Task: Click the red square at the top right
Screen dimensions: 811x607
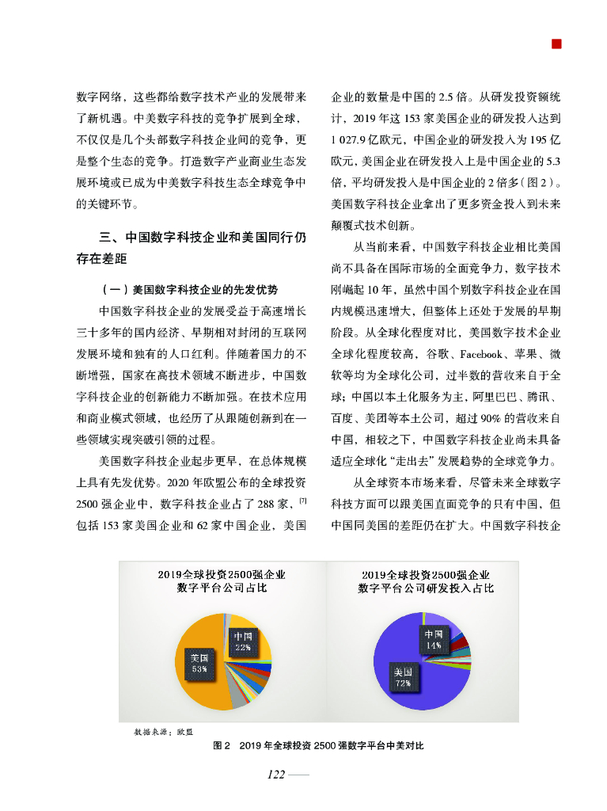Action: (x=557, y=44)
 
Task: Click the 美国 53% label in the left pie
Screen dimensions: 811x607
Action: (x=199, y=662)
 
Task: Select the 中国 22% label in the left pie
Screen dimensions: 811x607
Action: (x=242, y=641)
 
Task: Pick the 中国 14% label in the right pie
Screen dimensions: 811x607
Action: (x=433, y=639)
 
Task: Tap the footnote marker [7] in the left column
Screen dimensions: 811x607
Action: (x=302, y=501)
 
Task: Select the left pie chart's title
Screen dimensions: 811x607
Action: (x=221, y=581)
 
